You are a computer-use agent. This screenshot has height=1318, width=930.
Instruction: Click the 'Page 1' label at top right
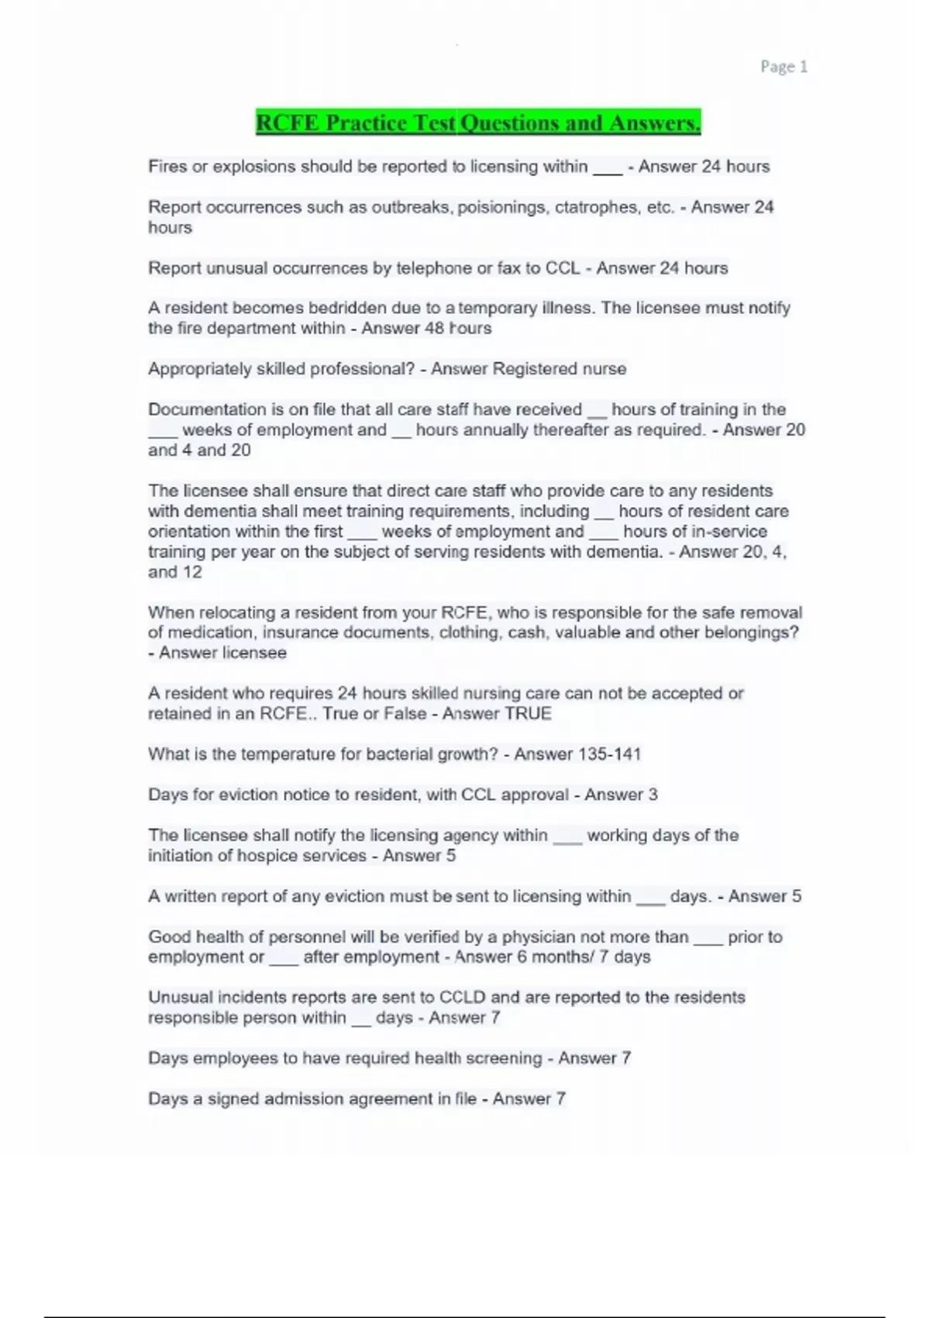pyautogui.click(x=784, y=67)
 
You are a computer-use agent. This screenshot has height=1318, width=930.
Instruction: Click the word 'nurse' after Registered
pyautogui.click(x=604, y=369)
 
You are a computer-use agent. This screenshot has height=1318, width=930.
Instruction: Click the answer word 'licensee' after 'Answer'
pyautogui.click(x=255, y=653)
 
